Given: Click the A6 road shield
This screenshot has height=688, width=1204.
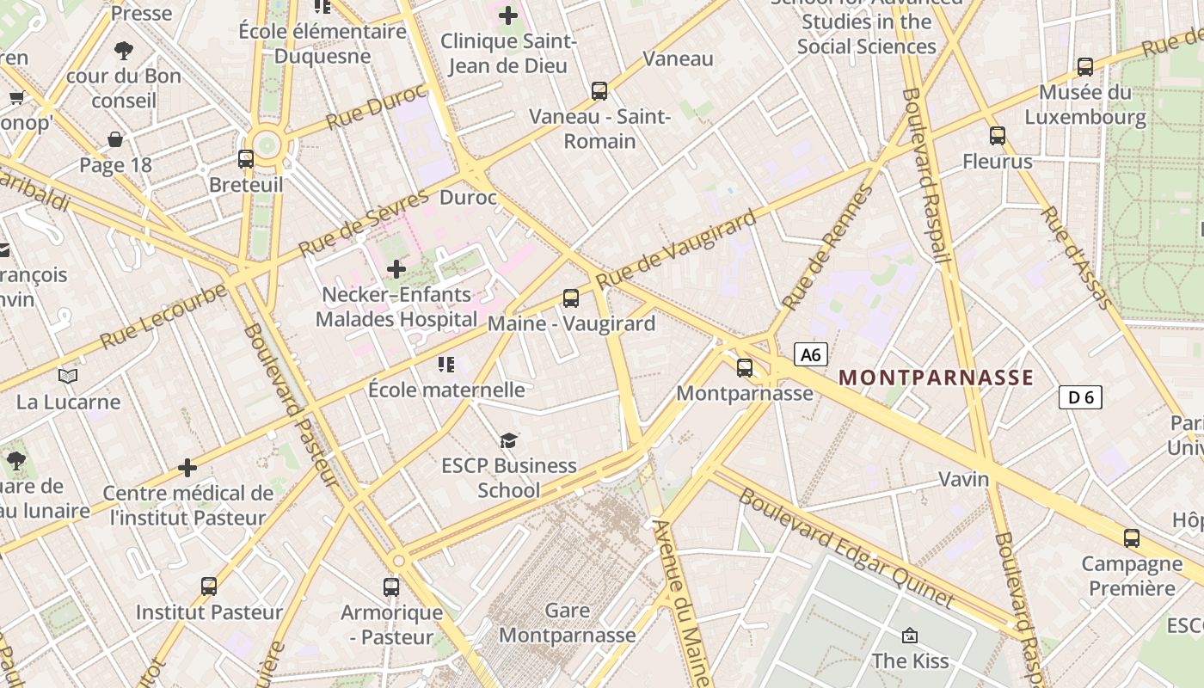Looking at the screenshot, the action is pyautogui.click(x=811, y=354).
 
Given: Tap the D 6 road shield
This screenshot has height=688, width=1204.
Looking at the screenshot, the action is pyautogui.click(x=1080, y=397).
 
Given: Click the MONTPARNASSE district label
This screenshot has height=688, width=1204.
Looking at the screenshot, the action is pyautogui.click(x=936, y=378).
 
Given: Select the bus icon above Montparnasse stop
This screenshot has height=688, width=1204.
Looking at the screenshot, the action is pyautogui.click(x=745, y=368).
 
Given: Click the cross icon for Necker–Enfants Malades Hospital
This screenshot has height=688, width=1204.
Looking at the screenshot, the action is pyautogui.click(x=396, y=269).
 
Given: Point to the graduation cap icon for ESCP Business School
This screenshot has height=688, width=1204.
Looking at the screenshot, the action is pyautogui.click(x=509, y=440).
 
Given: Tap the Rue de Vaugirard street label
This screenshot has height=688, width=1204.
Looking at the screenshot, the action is pyautogui.click(x=676, y=249).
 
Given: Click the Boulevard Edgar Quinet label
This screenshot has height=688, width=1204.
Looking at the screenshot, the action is pyautogui.click(x=846, y=549).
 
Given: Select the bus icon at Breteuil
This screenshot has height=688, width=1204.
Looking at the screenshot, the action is pyautogui.click(x=246, y=159).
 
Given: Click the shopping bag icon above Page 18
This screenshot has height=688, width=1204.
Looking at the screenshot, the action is pyautogui.click(x=115, y=139).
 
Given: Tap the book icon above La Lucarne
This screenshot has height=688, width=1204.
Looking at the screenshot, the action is pyautogui.click(x=68, y=376).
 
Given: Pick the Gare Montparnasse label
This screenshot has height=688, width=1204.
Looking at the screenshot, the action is pyautogui.click(x=568, y=623).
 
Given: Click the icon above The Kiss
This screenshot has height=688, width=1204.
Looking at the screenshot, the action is pyautogui.click(x=910, y=636).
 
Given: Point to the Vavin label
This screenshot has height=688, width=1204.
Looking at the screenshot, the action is pyautogui.click(x=963, y=479).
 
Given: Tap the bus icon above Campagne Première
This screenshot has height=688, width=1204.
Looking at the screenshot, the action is pyautogui.click(x=1132, y=538).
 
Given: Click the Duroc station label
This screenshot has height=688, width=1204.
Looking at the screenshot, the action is pyautogui.click(x=468, y=198).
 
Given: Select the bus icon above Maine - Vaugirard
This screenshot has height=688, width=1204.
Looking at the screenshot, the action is pyautogui.click(x=571, y=298).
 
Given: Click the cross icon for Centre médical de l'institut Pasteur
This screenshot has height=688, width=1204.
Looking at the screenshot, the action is pyautogui.click(x=187, y=468).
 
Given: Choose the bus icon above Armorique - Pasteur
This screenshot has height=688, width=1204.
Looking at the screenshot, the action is pyautogui.click(x=391, y=587).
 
